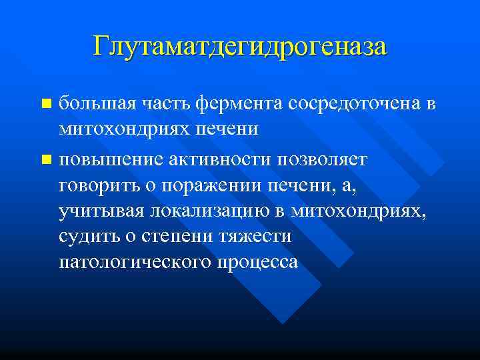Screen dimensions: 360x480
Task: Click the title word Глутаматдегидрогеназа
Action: pos(240,46)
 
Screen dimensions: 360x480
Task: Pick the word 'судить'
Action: pos(85,237)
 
